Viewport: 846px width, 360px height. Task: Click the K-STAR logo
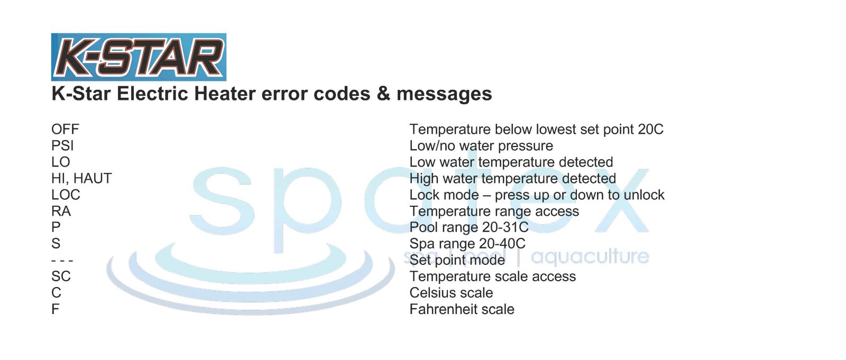[x=139, y=57]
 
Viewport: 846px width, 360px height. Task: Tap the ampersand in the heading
[x=383, y=94]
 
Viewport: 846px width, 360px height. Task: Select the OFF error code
[x=65, y=129]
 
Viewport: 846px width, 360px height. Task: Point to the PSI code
[x=62, y=146]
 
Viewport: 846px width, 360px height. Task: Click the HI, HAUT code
[x=81, y=178]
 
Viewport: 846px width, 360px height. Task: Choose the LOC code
[x=66, y=195]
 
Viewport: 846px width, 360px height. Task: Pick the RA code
[x=61, y=211]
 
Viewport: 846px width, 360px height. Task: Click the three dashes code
[x=62, y=260]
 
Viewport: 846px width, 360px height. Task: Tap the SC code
[x=61, y=276]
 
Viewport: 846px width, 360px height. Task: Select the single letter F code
[x=55, y=309]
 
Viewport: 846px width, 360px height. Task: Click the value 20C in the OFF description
[x=650, y=129]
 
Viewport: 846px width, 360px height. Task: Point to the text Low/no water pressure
[x=481, y=146]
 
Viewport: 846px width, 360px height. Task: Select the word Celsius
[x=433, y=293]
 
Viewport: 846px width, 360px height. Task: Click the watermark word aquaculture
[x=590, y=257]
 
